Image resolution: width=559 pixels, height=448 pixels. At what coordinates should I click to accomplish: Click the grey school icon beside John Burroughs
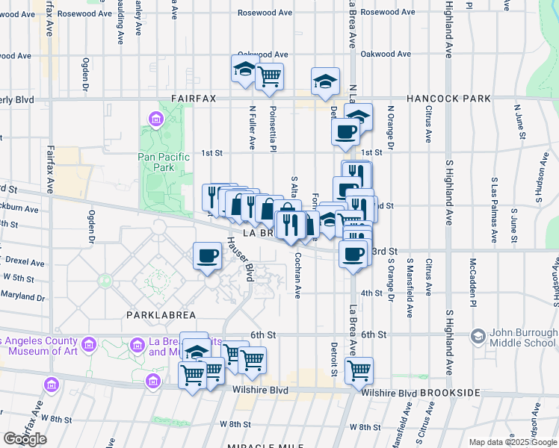tap(477, 337)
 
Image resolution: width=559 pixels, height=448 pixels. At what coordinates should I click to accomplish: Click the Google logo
tap(25, 439)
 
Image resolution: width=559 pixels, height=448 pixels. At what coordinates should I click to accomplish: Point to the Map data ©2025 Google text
tap(513, 442)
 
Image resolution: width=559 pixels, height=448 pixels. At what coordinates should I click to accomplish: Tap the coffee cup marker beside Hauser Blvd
tap(207, 255)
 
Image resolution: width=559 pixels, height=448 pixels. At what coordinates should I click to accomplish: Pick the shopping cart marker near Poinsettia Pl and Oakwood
tap(268, 75)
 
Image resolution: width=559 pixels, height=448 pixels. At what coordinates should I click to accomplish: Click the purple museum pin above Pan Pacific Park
tap(155, 119)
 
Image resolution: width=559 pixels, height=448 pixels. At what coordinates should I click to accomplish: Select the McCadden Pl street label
tap(472, 277)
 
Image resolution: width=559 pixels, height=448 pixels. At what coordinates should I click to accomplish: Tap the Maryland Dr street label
tap(22, 296)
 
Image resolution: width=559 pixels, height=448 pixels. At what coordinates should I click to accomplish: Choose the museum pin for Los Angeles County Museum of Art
tap(89, 345)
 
